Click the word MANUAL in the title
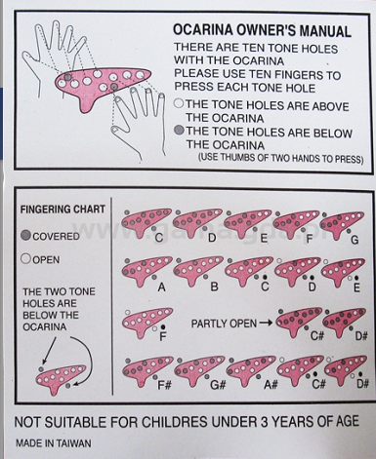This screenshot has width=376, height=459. coord(325,31)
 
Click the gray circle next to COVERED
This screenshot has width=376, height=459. coord(25,235)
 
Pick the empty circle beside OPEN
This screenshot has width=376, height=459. coord(25,259)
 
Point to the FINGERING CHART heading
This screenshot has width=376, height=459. coord(63,210)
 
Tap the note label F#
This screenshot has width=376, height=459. coord(164,385)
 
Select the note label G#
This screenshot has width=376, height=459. coord(218,385)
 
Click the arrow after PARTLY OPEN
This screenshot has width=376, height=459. coord(266,324)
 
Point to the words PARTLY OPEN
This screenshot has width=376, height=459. coord(224,324)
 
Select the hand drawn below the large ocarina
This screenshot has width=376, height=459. coord(140,124)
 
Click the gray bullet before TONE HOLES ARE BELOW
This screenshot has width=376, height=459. coord(179,131)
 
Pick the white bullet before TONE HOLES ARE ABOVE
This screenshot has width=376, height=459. coord(179,103)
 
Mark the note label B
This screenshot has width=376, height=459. coord(214,287)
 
